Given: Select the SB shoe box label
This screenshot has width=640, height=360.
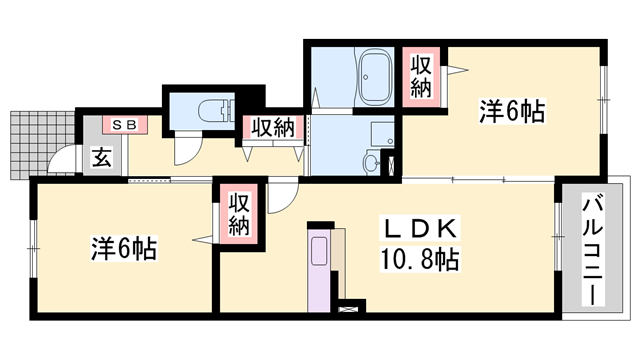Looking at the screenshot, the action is click(x=124, y=124).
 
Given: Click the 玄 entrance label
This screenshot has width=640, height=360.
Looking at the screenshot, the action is click(x=102, y=158).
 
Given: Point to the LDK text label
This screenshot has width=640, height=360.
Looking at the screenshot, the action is click(x=420, y=229).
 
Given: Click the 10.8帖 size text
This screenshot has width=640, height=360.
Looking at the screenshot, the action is click(x=420, y=259).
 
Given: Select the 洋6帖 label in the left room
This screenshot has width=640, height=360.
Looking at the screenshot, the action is click(x=124, y=248).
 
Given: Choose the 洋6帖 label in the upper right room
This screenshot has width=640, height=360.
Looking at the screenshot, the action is click(x=512, y=111).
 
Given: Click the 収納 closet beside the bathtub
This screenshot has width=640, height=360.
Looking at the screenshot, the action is click(x=421, y=77).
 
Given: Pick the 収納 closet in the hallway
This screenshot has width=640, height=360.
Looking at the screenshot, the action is click(x=273, y=128).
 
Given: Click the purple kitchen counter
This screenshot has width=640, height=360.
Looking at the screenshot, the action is click(x=319, y=270).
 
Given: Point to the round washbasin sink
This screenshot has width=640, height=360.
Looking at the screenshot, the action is click(x=372, y=163).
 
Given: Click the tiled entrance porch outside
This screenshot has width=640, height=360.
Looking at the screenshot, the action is click(x=42, y=144).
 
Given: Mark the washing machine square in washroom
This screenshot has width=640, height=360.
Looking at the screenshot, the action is click(x=382, y=134).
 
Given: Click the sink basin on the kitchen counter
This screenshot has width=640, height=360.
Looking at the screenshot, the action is click(x=319, y=251).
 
